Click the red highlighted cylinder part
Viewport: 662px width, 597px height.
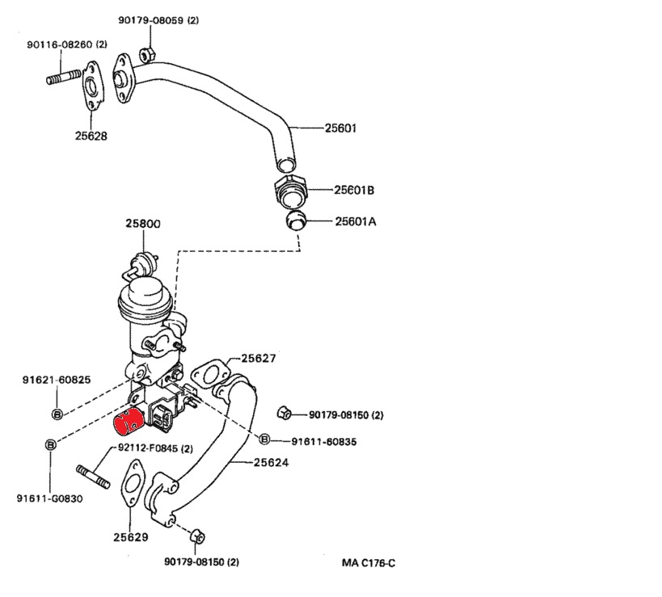(x=128, y=423)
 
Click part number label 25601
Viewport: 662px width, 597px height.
(x=341, y=128)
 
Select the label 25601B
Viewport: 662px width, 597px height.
(x=354, y=191)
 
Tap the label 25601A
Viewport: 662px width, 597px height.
(x=356, y=221)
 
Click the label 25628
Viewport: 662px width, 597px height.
(x=91, y=136)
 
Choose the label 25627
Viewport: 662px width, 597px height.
(x=259, y=358)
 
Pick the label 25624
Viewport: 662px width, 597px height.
(x=271, y=463)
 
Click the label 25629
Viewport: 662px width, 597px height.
(x=130, y=536)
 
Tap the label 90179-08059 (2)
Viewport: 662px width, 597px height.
(x=158, y=20)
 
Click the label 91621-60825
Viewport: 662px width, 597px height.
(x=56, y=379)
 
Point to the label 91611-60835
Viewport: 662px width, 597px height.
(x=317, y=441)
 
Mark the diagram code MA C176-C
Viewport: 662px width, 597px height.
(x=368, y=562)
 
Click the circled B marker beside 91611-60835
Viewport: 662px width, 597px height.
(x=264, y=439)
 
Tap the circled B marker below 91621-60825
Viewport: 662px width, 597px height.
(x=57, y=414)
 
